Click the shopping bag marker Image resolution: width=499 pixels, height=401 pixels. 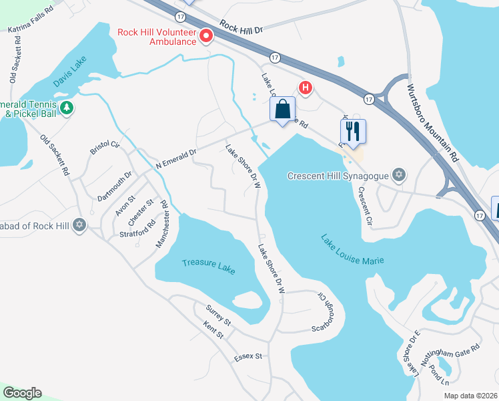282,110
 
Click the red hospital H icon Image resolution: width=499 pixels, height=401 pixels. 306,87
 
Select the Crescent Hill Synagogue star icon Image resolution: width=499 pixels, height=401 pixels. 399,176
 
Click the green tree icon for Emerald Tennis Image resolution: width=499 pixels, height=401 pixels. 66,107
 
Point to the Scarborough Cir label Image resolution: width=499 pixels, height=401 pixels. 323,311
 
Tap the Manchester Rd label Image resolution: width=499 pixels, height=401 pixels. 163,228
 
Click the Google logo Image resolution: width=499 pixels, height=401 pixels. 22,393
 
